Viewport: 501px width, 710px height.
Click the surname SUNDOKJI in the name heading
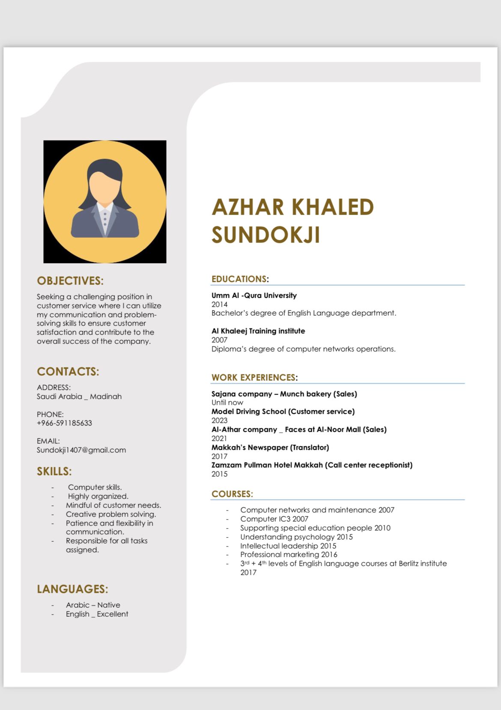click(x=265, y=235)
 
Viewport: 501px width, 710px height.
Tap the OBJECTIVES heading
click(x=70, y=281)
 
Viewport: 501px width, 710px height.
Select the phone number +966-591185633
click(x=64, y=423)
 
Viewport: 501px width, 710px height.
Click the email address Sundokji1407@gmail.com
click(x=81, y=450)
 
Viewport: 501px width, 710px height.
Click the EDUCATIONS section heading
click(x=239, y=279)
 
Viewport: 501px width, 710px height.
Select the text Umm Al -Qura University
click(x=254, y=295)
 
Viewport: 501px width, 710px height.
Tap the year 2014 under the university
click(x=219, y=304)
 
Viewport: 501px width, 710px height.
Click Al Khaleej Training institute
click(x=258, y=331)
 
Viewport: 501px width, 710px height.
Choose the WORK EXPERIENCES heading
click(x=253, y=378)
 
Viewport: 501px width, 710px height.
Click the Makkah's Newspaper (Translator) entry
click(x=270, y=447)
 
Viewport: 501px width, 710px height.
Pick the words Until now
click(x=227, y=403)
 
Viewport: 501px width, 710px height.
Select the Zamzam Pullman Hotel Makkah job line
click(x=312, y=465)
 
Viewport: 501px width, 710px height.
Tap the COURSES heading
click(x=232, y=494)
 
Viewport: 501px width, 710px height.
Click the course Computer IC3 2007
click(x=274, y=519)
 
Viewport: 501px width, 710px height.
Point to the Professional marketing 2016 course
click(x=289, y=555)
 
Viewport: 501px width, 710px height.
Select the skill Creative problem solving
click(x=111, y=514)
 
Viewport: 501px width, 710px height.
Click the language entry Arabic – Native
click(x=93, y=605)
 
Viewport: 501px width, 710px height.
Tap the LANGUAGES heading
click(x=72, y=589)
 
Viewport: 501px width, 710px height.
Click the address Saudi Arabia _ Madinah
click(x=79, y=397)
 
